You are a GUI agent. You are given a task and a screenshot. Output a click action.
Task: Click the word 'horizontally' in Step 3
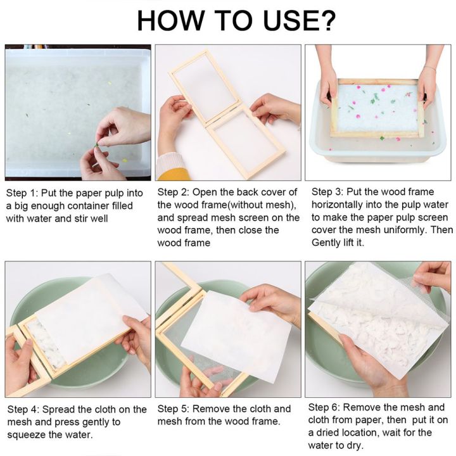pyautogui.click(x=340, y=205)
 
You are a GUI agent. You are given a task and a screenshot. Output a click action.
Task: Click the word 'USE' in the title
pyautogui.click(x=282, y=20)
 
